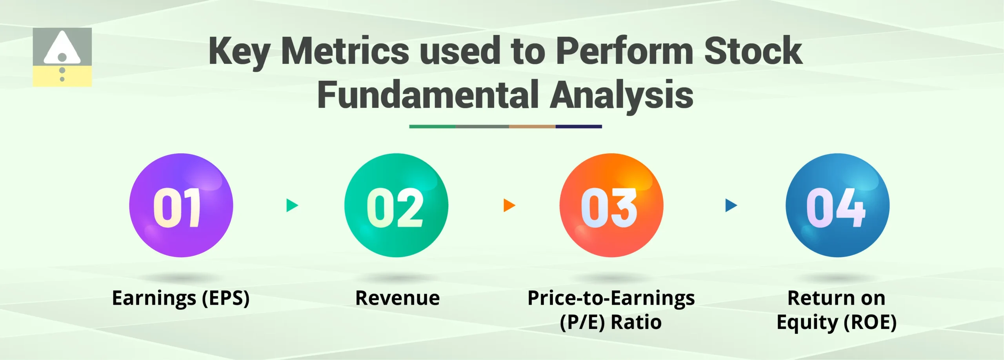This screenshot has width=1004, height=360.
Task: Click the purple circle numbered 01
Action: (x=181, y=205)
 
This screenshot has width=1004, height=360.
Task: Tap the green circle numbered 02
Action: (x=396, y=205)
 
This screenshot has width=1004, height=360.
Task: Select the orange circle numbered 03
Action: (x=611, y=205)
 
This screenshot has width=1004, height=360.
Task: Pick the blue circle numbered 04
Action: (x=837, y=205)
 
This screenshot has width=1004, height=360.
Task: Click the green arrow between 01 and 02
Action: (x=291, y=205)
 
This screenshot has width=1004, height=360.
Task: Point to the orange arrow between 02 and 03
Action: (x=508, y=205)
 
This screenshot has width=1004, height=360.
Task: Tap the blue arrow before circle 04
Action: (x=730, y=205)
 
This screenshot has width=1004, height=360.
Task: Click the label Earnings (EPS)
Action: (x=180, y=298)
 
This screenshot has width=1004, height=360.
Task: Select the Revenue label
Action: (x=397, y=298)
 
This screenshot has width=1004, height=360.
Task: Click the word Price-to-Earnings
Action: (x=611, y=298)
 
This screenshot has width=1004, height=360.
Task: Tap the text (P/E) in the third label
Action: (x=582, y=322)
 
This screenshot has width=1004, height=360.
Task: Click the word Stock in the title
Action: (x=753, y=51)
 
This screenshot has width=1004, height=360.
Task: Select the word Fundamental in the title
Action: (x=428, y=95)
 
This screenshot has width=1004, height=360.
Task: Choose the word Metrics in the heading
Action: (x=345, y=51)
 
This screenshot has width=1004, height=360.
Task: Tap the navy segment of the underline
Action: (x=578, y=127)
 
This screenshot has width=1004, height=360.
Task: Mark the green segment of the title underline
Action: (x=432, y=127)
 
